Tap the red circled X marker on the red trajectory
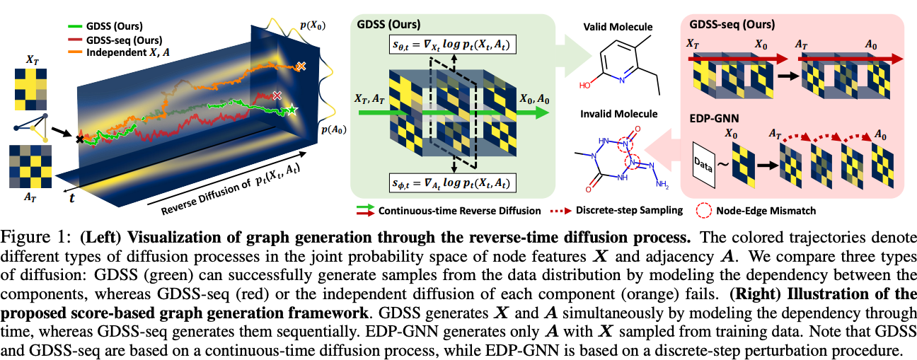pos(277,94)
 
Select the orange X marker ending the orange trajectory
pos(301,66)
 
